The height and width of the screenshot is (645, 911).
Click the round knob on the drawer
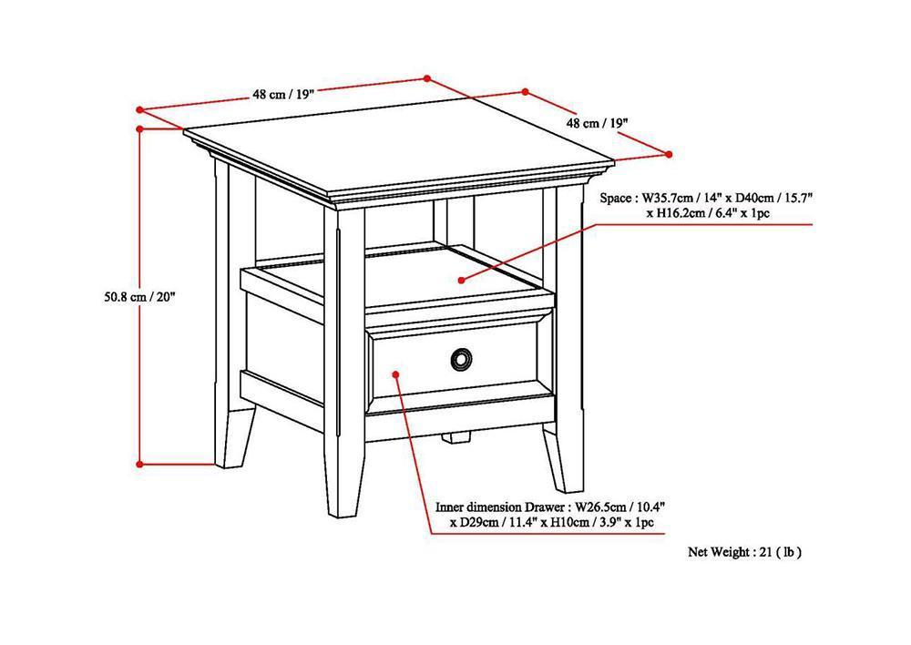[461, 361]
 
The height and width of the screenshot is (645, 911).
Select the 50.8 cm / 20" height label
[138, 295]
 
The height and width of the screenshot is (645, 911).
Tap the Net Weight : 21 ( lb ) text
[744, 551]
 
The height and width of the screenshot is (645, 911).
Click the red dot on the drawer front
[396, 373]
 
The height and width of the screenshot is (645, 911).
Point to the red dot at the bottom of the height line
[139, 463]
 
